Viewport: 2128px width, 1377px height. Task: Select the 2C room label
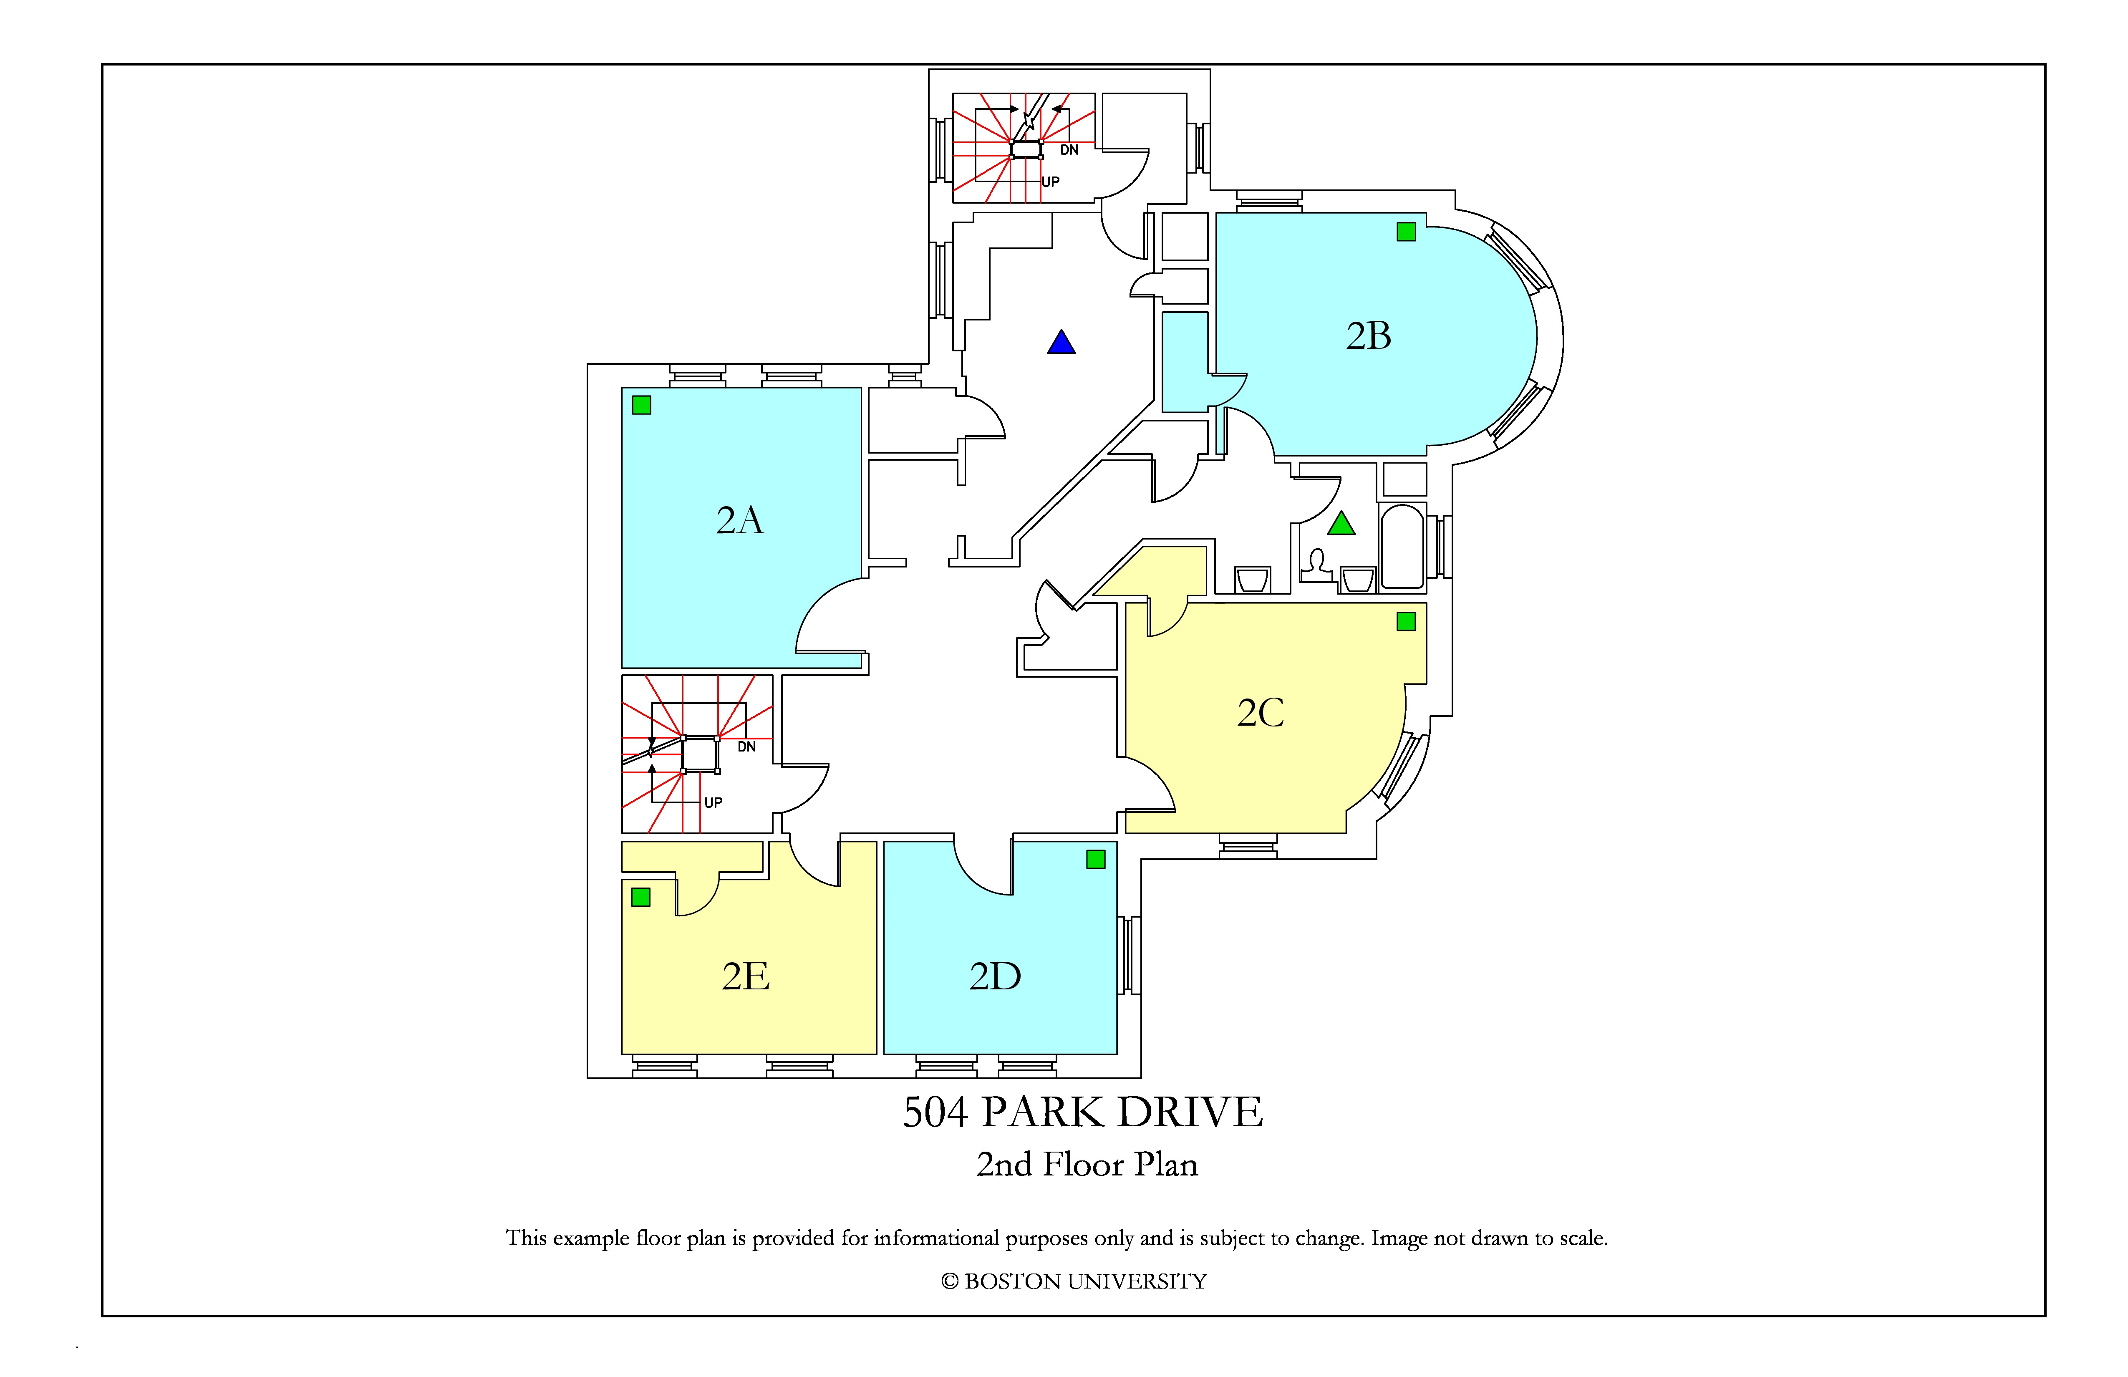pyautogui.click(x=1261, y=713)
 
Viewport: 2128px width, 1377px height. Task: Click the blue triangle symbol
pyautogui.click(x=1061, y=342)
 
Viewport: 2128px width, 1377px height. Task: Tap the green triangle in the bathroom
pyautogui.click(x=1341, y=523)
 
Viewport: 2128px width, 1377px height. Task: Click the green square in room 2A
pyautogui.click(x=641, y=405)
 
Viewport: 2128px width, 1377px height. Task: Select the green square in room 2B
pyautogui.click(x=1407, y=232)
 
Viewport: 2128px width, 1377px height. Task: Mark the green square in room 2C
pyautogui.click(x=1407, y=621)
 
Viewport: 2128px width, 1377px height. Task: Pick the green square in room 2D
pyautogui.click(x=1096, y=859)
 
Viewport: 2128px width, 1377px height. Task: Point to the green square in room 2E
pyautogui.click(x=641, y=897)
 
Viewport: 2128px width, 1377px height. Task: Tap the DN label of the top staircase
pyautogui.click(x=1069, y=150)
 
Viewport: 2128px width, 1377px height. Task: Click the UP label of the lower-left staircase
pyautogui.click(x=714, y=803)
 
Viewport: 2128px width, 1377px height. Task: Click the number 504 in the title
pyautogui.click(x=935, y=1112)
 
